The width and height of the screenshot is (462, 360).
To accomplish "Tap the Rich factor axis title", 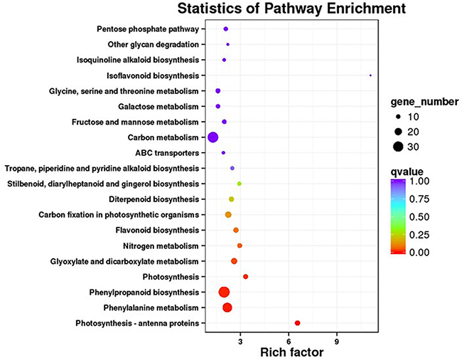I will coord(292,352).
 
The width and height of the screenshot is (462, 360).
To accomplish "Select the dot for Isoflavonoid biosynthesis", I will coord(370,75).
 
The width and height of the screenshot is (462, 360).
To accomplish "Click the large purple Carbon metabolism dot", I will coord(212,137).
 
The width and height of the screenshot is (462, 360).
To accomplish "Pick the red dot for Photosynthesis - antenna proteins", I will coord(298,324).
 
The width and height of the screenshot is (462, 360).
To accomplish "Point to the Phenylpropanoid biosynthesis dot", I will coord(224,292).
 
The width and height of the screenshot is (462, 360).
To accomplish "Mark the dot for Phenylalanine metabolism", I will coord(227,307).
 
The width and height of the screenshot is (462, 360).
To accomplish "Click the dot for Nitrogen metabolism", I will coord(240,245).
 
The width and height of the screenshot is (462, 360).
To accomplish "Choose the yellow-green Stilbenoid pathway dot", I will coord(240,184).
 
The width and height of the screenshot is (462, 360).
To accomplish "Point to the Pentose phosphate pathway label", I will coord(148,29).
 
